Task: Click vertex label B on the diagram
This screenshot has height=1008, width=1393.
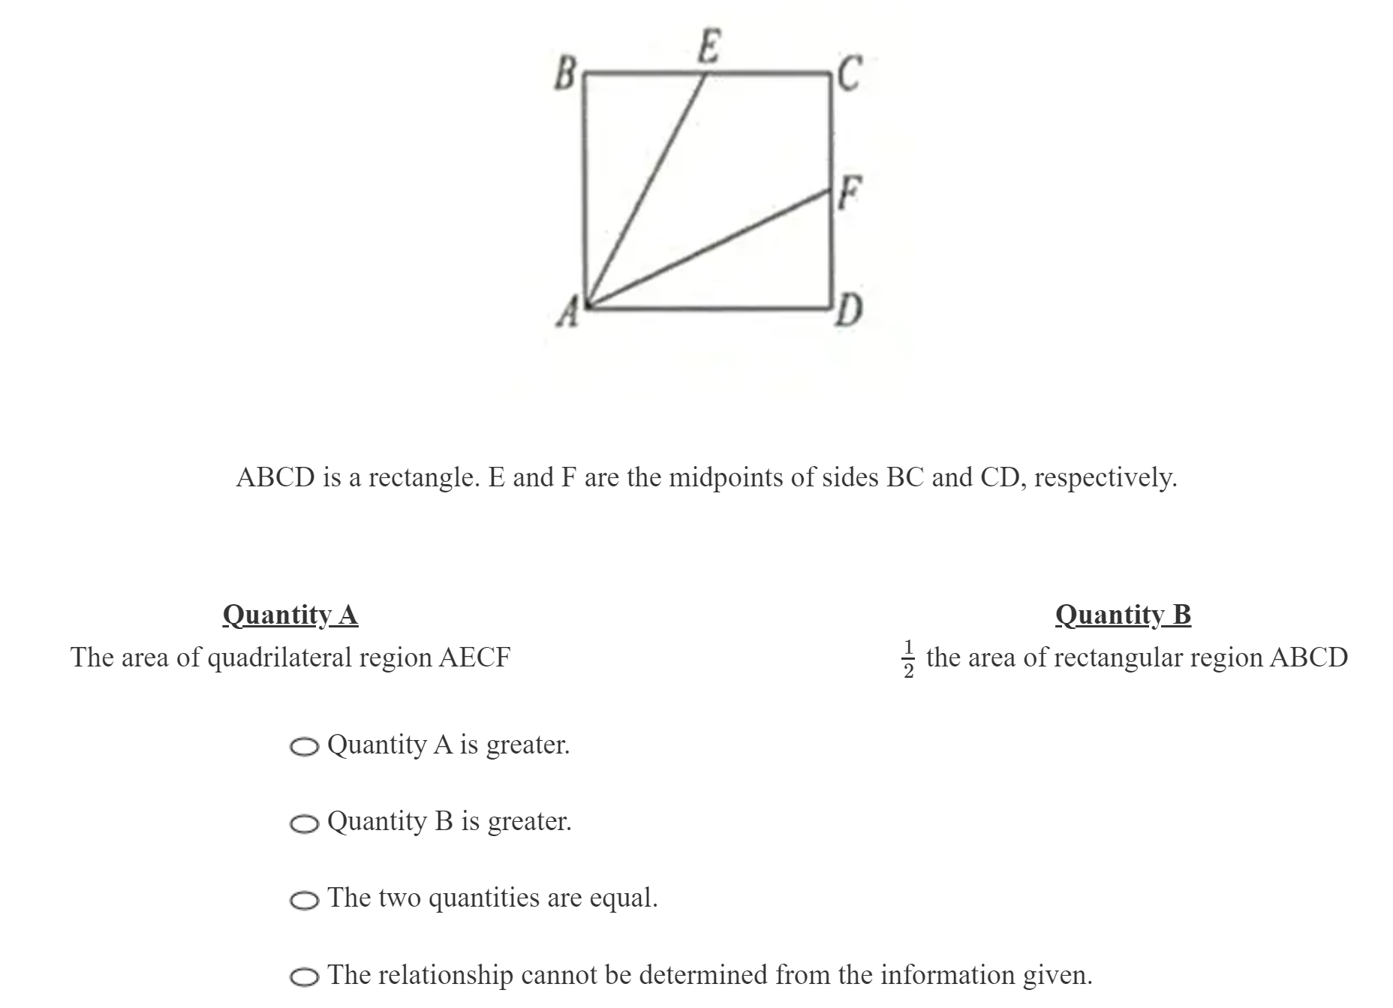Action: pos(564,74)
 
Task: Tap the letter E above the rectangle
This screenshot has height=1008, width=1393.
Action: pos(708,47)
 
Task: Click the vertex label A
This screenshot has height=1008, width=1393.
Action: pos(567,312)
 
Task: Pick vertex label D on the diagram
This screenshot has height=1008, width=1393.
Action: pos(849,311)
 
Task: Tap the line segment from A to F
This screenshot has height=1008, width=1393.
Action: pos(709,249)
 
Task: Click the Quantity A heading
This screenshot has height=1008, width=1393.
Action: pos(290,615)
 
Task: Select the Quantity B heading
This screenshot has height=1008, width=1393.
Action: pos(1123,615)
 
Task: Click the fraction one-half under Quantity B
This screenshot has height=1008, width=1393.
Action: pos(908,658)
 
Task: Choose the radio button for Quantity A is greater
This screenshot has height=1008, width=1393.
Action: pos(304,747)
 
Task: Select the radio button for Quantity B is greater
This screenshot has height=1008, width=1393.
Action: pos(304,823)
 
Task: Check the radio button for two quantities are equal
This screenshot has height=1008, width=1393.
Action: pos(304,900)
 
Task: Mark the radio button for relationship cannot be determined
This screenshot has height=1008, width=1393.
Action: pos(304,976)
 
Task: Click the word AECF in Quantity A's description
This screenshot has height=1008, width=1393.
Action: pos(474,657)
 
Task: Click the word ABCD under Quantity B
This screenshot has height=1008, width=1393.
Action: pos(1308,657)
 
